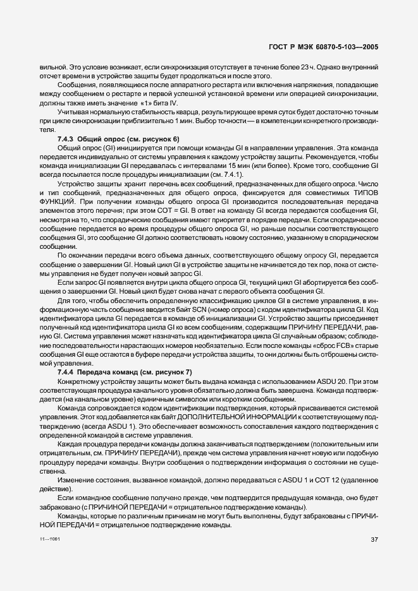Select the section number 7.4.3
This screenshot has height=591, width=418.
point(67,138)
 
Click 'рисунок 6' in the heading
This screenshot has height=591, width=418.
point(163,138)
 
